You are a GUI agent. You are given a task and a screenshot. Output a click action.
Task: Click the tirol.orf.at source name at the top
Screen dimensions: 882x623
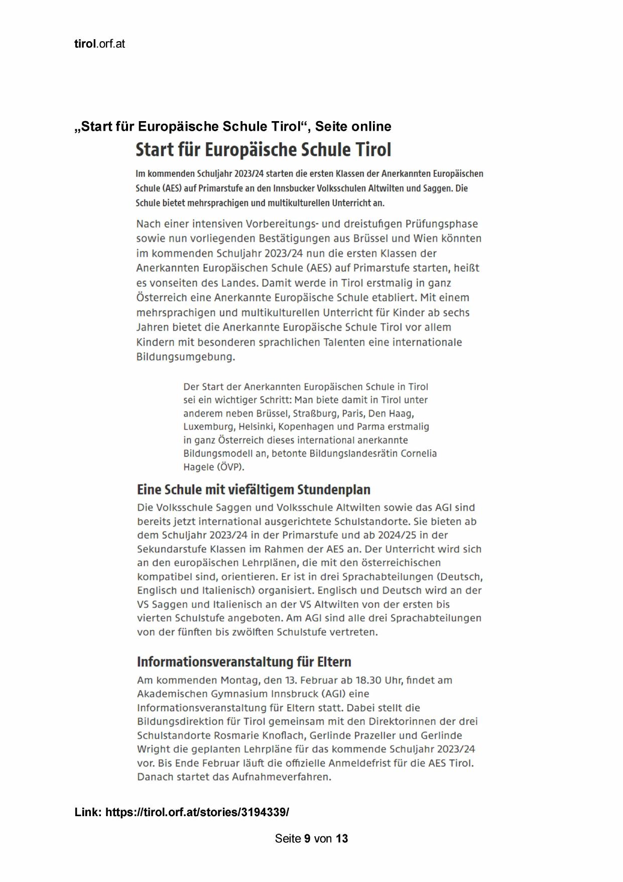point(99,44)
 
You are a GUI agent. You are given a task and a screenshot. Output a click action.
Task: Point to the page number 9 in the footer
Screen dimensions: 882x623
point(307,839)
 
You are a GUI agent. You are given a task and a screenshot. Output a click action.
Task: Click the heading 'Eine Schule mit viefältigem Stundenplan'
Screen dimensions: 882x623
point(254,489)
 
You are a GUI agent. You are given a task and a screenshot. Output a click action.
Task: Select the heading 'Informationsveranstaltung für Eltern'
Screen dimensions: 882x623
point(244,661)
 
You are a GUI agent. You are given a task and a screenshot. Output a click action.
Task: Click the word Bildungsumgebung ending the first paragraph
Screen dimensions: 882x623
point(185,357)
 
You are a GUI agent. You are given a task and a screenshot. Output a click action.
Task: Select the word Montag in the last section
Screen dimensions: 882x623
point(239,680)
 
